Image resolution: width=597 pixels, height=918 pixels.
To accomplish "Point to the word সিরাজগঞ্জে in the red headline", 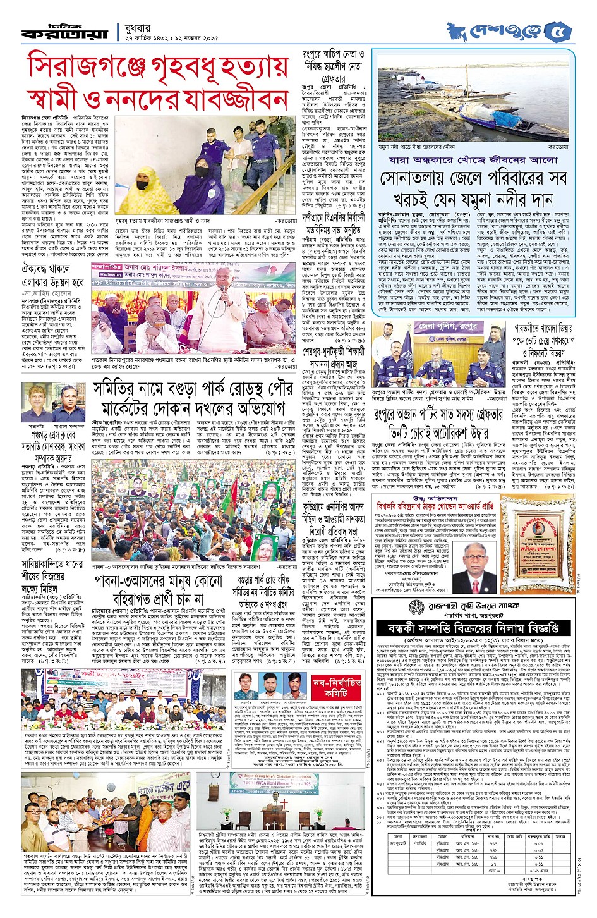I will (x=88, y=67).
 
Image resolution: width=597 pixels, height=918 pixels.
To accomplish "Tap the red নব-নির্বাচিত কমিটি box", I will (x=337, y=688).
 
